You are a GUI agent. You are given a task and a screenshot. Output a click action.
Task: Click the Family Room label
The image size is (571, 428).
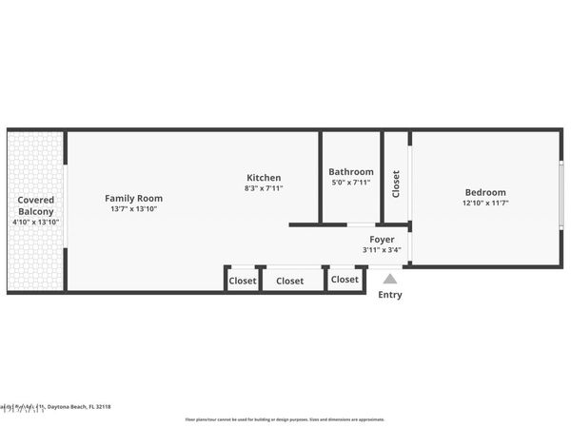tap(133, 198)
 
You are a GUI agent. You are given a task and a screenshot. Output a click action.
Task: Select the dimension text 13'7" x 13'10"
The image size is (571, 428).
tap(133, 208)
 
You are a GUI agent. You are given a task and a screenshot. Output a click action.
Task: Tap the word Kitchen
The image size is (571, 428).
tap(264, 178)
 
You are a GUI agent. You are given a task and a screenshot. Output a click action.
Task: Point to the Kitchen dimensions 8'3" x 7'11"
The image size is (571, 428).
tap(264, 188)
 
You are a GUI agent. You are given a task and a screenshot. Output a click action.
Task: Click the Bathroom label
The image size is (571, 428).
tap(351, 172)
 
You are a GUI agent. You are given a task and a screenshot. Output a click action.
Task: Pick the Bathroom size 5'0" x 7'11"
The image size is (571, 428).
tap(351, 183)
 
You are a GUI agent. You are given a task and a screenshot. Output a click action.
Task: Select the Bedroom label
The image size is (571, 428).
tap(485, 192)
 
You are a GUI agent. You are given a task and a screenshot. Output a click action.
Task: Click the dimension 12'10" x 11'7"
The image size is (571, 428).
tap(485, 203)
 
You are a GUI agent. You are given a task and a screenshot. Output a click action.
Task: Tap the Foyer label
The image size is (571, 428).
tap(382, 240)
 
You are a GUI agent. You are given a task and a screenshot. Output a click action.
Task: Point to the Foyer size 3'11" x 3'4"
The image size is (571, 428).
tap(382, 250)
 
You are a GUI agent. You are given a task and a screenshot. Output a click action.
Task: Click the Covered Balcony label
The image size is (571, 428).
tap(35, 205)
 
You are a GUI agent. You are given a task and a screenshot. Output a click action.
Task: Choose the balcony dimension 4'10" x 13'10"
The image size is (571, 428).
tap(35, 222)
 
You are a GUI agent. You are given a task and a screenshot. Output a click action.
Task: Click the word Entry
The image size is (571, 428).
tap(390, 295)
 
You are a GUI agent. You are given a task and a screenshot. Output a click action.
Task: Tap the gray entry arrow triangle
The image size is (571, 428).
tap(389, 279)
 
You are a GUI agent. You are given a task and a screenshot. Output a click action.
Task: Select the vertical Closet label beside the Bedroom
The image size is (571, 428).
tap(396, 184)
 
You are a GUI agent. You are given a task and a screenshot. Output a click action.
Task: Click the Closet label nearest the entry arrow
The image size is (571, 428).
tap(345, 280)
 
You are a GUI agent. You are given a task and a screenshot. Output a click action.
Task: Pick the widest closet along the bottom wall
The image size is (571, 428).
tap(290, 281)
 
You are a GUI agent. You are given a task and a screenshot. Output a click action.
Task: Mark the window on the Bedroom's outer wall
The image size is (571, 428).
tap(561, 198)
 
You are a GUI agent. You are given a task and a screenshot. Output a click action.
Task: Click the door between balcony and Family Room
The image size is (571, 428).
tap(65, 210)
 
